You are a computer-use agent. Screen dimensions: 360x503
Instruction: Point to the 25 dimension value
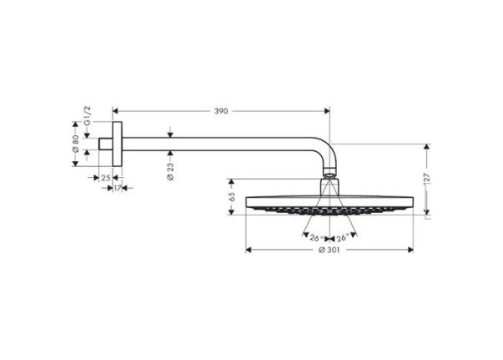coord(105,178)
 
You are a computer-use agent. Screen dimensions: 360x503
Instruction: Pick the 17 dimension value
coord(118,188)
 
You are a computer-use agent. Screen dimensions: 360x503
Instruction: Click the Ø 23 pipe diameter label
coord(170,171)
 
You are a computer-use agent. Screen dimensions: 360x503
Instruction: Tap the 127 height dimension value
coord(428,179)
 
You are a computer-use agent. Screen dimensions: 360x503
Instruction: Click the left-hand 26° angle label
coord(315,237)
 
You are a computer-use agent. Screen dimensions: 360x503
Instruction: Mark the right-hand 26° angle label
coord(343,237)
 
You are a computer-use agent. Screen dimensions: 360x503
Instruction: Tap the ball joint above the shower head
coord(329,178)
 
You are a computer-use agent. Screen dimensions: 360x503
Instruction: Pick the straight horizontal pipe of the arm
coord(218,144)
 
